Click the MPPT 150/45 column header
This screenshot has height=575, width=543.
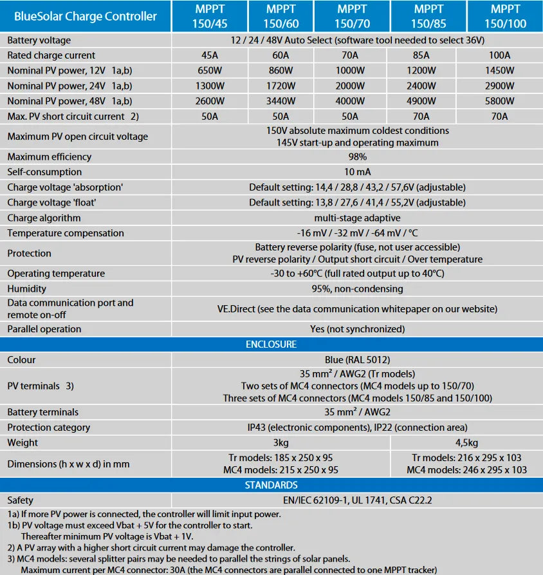[210, 16]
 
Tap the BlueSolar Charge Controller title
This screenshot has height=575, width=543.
[86, 16]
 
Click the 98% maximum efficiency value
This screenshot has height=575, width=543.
[358, 156]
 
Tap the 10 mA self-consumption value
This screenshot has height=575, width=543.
[358, 172]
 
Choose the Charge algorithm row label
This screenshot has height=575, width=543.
[44, 218]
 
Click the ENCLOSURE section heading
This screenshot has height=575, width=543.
[271, 344]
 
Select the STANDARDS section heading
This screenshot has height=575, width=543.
[271, 485]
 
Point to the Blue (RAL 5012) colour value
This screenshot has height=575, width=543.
[358, 360]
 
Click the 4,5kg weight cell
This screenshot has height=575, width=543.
[466, 442]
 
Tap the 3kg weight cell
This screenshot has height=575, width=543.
[281, 442]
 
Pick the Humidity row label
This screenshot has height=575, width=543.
[26, 288]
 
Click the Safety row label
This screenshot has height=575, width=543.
[21, 500]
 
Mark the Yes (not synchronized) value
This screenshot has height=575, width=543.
[358, 329]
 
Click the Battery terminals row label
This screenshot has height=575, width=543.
[42, 412]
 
